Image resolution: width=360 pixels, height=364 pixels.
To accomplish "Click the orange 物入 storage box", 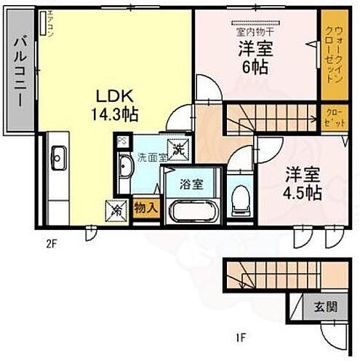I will pyautogui.click(x=146, y=207).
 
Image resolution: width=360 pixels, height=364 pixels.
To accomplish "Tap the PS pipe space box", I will pyautogui.click(x=122, y=141).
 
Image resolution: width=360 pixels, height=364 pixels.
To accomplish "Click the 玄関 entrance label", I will pyautogui.click(x=325, y=307).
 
